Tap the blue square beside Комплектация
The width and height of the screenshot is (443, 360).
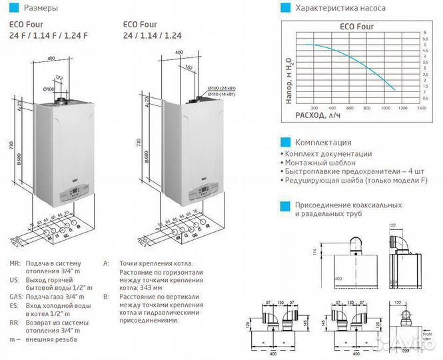[x=285, y=142]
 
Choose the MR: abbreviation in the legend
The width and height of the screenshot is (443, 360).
[x=15, y=264]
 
